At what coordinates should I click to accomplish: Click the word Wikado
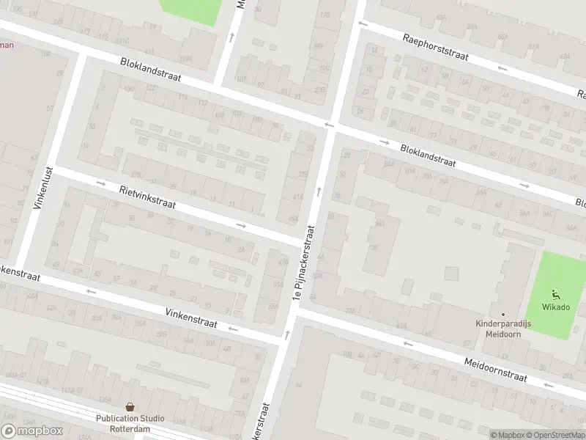556,307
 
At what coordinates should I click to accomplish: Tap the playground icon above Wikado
556,294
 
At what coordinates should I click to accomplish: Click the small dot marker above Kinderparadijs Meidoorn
502,314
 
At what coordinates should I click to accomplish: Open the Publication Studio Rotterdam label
130,424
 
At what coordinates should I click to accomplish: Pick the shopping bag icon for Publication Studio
130,406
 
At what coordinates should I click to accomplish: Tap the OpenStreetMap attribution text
555,435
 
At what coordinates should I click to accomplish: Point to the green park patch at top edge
190,9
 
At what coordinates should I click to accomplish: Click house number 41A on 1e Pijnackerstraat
297,197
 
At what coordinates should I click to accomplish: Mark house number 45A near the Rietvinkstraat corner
292,219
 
